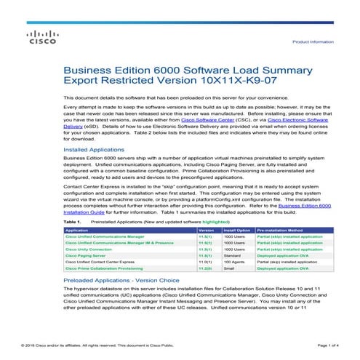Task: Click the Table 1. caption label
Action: pyautogui.click(x=74, y=220)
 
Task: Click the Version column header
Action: pyautogui.click(x=207, y=229)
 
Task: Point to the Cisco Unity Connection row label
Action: pyautogui.click(x=91, y=249)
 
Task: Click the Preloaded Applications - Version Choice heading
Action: pyautogui.click(x=122, y=279)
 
